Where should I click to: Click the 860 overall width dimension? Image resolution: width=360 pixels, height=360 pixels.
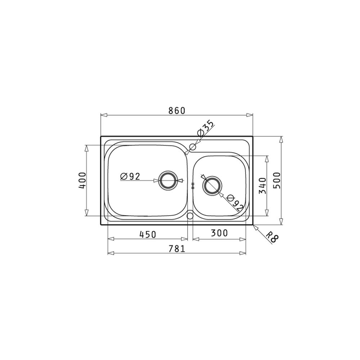pyautogui.click(x=176, y=111)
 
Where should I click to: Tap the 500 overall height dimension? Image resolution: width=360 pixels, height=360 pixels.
pyautogui.click(x=277, y=180)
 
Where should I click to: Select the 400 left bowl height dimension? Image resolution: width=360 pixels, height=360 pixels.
pyautogui.click(x=82, y=180)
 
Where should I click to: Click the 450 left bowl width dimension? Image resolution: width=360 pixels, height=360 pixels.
pyautogui.click(x=148, y=234)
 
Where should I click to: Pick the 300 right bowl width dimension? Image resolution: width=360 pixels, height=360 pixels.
pyautogui.click(x=219, y=233)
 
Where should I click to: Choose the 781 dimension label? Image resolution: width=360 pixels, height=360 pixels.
pyautogui.click(x=177, y=249)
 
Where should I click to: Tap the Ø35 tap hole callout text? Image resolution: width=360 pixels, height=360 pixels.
pyautogui.click(x=206, y=128)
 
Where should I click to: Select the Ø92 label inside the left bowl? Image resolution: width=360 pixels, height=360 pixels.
pyautogui.click(x=130, y=176)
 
